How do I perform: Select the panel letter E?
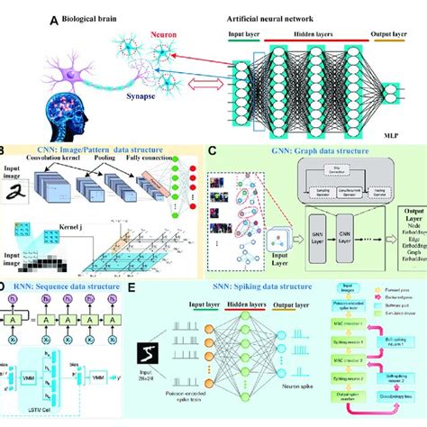point(132,291)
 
